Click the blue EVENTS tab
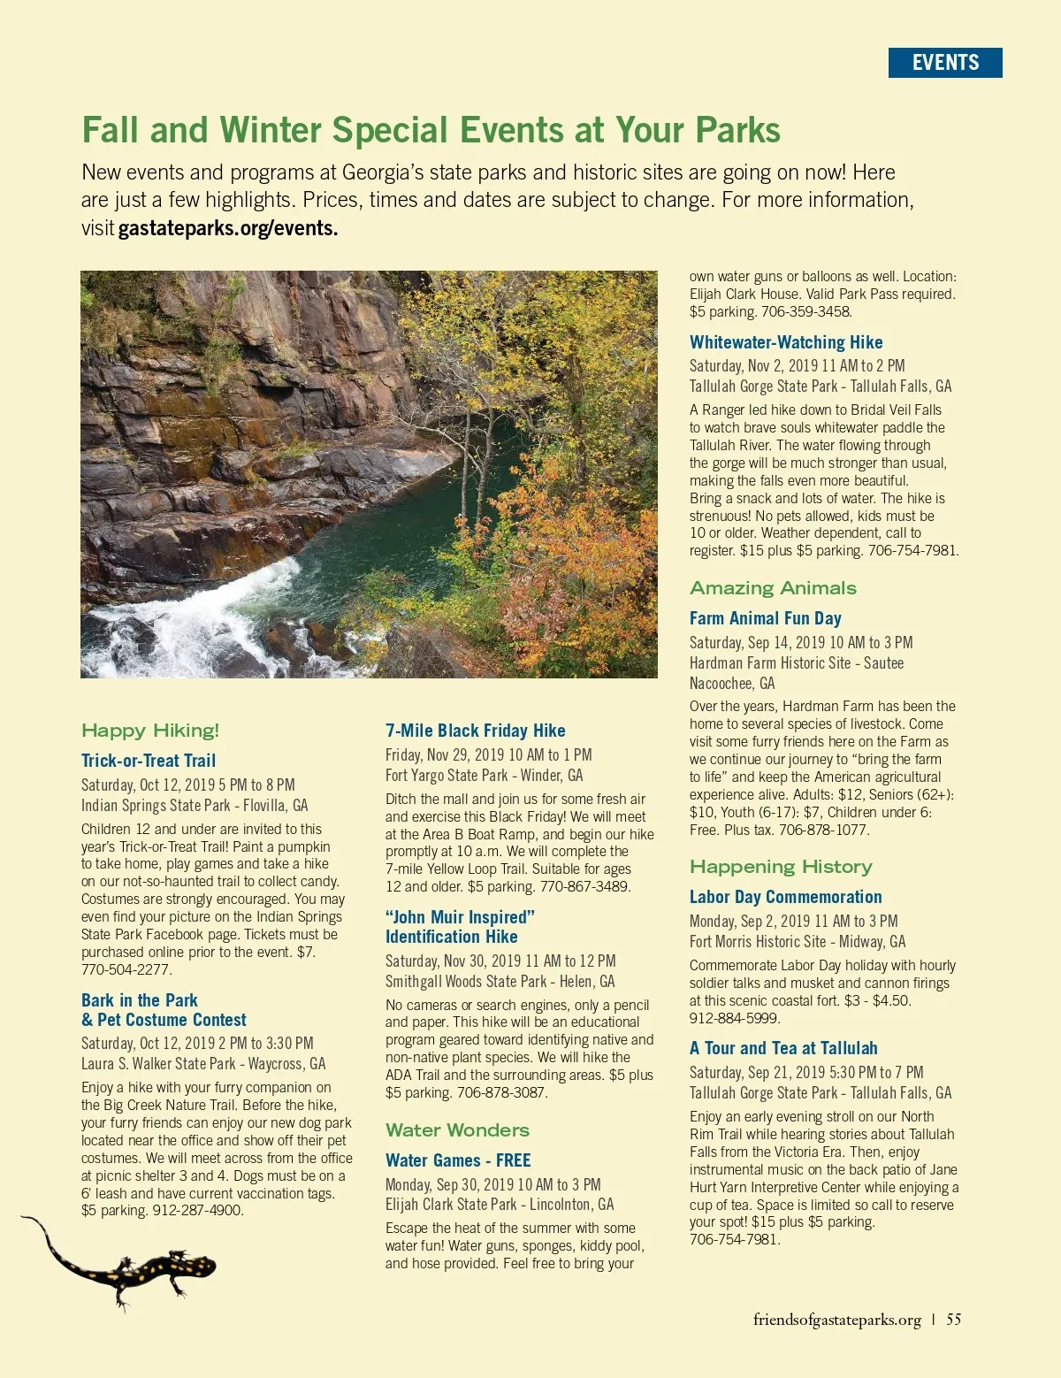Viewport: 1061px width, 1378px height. tap(945, 63)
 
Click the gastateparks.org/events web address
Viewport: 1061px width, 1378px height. tap(228, 228)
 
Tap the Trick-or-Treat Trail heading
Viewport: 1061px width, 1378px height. tap(149, 761)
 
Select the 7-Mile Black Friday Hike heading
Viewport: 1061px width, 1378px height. tap(475, 731)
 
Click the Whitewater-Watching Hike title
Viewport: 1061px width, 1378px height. tap(786, 342)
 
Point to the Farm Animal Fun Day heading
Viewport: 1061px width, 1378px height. tap(765, 618)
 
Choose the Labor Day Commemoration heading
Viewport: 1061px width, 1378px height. tap(785, 897)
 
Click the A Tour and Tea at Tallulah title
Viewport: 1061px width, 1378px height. tap(783, 1048)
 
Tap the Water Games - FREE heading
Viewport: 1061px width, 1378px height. tap(458, 1160)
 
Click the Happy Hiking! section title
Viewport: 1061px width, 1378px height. tap(150, 731)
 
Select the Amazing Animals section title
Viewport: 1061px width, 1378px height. tap(773, 588)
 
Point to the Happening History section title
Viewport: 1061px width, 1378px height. tap(781, 867)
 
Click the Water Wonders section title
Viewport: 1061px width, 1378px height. tap(457, 1130)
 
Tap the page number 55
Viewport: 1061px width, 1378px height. tap(954, 1320)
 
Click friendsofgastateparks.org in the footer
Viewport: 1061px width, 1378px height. tap(836, 1320)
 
